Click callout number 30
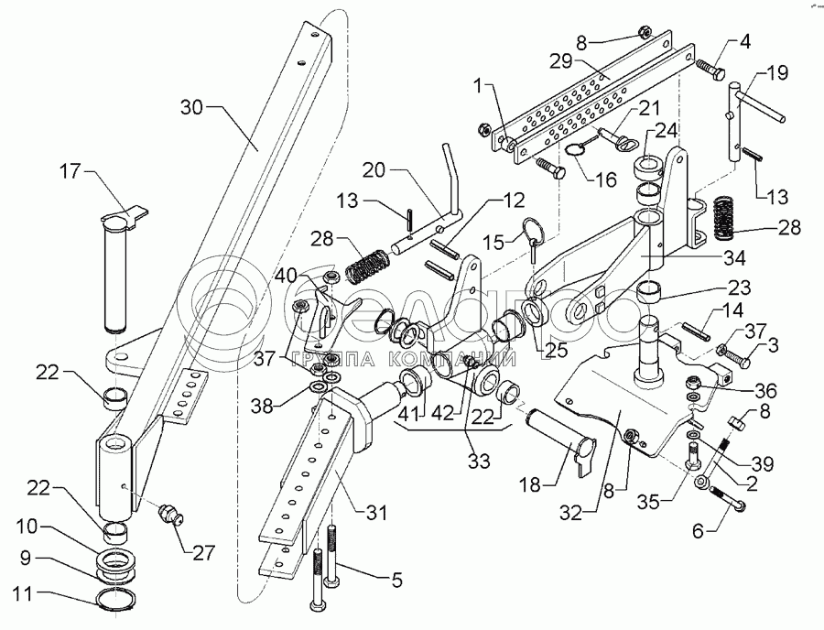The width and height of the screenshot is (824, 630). click(x=193, y=107)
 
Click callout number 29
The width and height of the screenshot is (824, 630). click(x=559, y=60)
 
